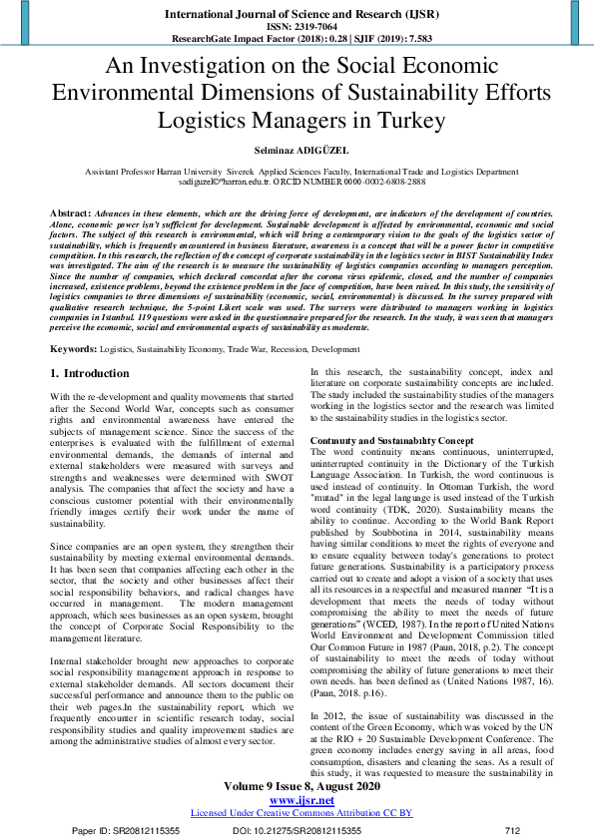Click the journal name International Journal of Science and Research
(x=296, y=15)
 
